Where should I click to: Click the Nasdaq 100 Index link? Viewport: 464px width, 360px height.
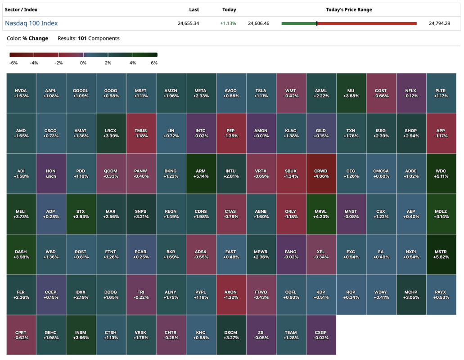point(32,23)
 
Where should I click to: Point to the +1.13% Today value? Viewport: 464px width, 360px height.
point(229,23)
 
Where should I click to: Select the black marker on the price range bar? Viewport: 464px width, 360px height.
point(317,23)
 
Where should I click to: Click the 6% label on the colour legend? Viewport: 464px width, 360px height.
point(154,63)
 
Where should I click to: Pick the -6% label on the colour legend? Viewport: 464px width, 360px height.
point(13,63)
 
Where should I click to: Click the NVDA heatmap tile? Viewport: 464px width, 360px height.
point(21,93)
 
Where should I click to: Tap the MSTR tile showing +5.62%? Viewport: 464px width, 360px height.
point(441,254)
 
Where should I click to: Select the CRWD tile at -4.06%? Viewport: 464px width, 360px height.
point(321,174)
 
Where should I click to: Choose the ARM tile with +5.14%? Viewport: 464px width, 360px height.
point(201,174)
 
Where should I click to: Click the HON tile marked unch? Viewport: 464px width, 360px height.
point(51,174)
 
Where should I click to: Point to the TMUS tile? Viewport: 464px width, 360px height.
point(141,133)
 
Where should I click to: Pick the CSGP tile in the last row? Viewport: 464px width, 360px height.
point(321,335)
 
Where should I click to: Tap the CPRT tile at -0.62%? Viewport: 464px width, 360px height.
point(21,335)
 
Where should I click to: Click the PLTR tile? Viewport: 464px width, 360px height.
point(441,93)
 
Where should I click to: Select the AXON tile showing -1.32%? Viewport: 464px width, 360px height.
point(231,295)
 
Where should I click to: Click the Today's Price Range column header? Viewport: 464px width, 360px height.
point(349,9)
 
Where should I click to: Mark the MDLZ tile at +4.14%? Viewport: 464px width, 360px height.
point(441,214)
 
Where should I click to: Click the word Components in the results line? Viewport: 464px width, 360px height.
point(104,38)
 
